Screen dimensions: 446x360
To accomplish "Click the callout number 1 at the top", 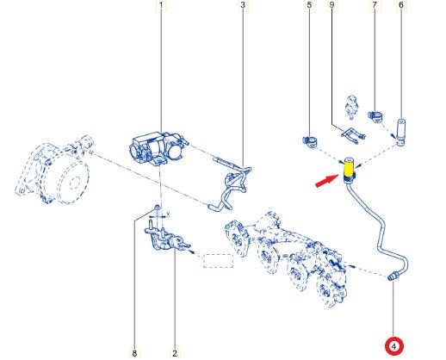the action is [161, 5].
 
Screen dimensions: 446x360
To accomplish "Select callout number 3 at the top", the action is [243, 5].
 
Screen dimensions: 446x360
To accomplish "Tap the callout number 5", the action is [309, 5].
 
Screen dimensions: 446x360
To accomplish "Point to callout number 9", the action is [331, 5].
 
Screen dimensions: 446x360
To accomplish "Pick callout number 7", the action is [375, 5].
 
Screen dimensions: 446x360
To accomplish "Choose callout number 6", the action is [401, 5].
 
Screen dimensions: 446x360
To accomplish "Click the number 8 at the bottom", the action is [134, 353].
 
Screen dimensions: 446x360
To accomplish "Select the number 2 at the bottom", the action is [175, 353].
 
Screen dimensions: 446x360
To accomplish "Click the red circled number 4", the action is [394, 346].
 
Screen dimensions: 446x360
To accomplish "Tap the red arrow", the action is [327, 180].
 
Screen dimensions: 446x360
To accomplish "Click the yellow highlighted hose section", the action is [349, 169].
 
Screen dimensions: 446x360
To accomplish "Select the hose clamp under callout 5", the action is [310, 141].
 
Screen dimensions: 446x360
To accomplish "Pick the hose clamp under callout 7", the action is [375, 116].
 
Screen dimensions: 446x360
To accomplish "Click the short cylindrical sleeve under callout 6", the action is [400, 132].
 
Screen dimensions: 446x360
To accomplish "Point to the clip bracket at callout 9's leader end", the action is [354, 135].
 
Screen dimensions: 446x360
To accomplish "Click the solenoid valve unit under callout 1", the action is [158, 148].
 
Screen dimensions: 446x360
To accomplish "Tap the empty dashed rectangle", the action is [218, 261].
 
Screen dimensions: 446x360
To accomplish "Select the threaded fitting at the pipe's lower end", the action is [393, 276].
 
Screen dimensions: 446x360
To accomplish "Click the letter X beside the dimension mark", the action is [169, 214].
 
